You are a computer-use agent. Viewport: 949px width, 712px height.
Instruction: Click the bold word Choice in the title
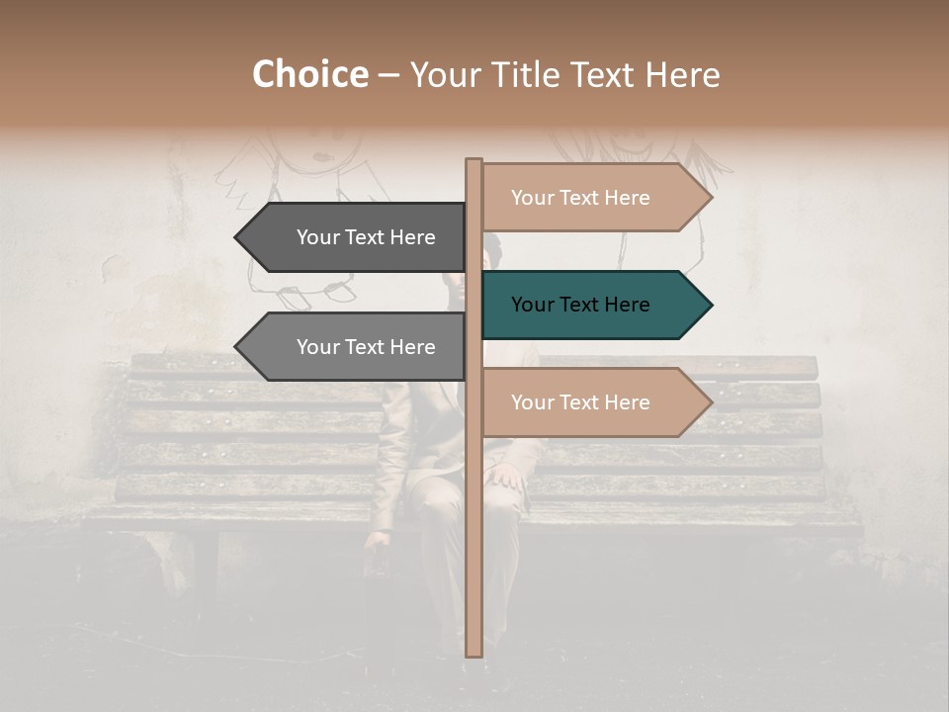coord(309,74)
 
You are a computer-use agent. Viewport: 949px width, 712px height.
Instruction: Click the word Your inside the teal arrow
coord(532,305)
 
